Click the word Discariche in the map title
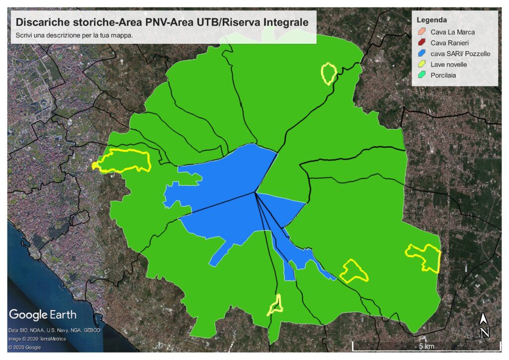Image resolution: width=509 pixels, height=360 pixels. pyautogui.click(x=39, y=22)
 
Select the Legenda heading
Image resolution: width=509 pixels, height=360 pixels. pyautogui.click(x=431, y=20)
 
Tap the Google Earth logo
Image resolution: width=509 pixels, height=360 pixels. pyautogui.click(x=43, y=315)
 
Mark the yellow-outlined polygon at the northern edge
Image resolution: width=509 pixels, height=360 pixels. pyautogui.click(x=328, y=73)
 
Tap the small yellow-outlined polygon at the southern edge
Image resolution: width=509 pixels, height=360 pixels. pyautogui.click(x=275, y=305)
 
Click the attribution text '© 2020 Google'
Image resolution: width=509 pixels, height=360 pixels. pyautogui.click(x=24, y=348)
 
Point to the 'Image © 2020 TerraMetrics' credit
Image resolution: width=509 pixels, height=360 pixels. pyautogui.click(x=37, y=339)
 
